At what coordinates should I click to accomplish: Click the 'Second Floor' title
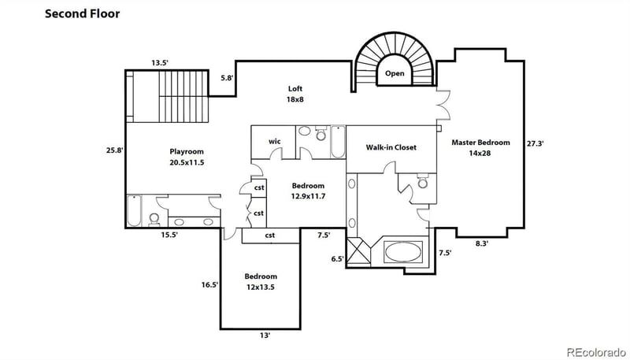(83, 13)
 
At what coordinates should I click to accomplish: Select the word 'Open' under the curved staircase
(395, 74)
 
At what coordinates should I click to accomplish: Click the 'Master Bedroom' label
(480, 143)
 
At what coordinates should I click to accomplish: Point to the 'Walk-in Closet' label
(391, 147)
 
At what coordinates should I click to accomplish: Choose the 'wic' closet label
(274, 141)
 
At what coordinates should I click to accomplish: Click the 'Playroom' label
(187, 151)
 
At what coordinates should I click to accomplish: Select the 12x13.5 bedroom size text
(260, 288)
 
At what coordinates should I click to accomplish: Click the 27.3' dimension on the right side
(536, 143)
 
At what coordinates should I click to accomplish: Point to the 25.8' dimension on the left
(114, 149)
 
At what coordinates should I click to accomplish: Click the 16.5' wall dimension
(209, 285)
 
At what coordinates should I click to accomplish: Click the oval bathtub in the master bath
(404, 253)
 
